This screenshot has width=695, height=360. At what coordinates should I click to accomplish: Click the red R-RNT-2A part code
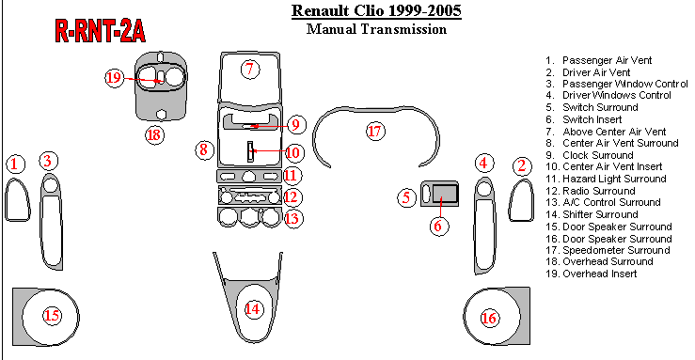pyautogui.click(x=101, y=31)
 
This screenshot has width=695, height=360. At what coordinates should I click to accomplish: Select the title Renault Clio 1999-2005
pyautogui.click(x=376, y=10)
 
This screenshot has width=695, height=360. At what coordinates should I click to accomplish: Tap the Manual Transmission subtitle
pyautogui.click(x=376, y=29)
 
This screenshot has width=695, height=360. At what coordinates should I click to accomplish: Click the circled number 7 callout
pyautogui.click(x=250, y=69)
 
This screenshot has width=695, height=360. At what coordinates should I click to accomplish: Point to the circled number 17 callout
pyautogui.click(x=375, y=131)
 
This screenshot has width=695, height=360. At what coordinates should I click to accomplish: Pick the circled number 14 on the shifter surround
pyautogui.click(x=252, y=308)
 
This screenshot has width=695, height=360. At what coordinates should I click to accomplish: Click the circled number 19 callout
pyautogui.click(x=114, y=78)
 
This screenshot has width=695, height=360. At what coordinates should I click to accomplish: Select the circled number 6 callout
pyautogui.click(x=438, y=226)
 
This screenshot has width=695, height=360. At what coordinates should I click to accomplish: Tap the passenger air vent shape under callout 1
pyautogui.click(x=17, y=199)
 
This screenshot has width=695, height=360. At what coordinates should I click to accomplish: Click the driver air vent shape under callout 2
pyautogui.click(x=521, y=200)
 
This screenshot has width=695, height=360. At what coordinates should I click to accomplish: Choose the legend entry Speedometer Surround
pyautogui.click(x=608, y=250)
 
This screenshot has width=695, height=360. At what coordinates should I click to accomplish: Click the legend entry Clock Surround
pyautogui.click(x=590, y=155)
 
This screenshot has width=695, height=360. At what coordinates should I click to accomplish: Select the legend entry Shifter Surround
pyautogui.click(x=592, y=214)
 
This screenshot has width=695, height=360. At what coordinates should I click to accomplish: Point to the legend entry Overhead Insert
pyautogui.click(x=592, y=274)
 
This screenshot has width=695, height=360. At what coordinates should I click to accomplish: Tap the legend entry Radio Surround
pyautogui.click(x=591, y=191)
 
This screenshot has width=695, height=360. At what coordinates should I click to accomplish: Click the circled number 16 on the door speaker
pyautogui.click(x=489, y=318)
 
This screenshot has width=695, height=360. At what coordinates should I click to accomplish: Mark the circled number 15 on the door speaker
pyautogui.click(x=52, y=315)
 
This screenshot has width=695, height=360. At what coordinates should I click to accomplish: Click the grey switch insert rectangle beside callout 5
pyautogui.click(x=445, y=194)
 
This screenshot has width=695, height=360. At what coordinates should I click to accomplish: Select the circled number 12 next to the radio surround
pyautogui.click(x=291, y=196)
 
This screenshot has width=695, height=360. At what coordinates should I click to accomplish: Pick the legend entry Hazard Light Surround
pyautogui.click(x=606, y=179)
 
